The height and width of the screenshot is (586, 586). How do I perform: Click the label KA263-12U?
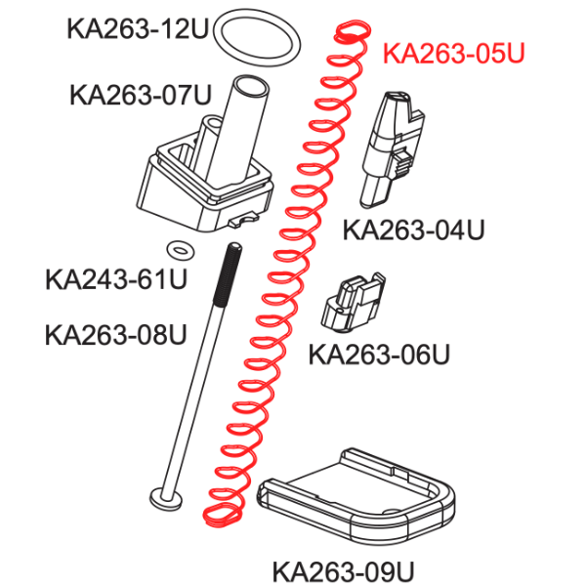point(137,28)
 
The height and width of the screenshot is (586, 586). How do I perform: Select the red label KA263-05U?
point(454,53)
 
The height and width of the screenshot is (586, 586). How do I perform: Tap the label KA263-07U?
point(141,95)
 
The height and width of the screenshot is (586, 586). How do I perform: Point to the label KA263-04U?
point(414,230)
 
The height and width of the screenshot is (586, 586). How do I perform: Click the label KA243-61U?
point(116,279)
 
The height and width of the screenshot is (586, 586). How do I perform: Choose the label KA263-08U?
point(116,334)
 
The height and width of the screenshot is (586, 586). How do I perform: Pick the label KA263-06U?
point(379,354)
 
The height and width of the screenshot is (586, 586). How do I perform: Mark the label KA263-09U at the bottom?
point(344,571)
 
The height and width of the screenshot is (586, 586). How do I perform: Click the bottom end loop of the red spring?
point(222,516)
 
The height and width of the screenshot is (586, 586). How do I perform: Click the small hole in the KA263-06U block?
point(339,310)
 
